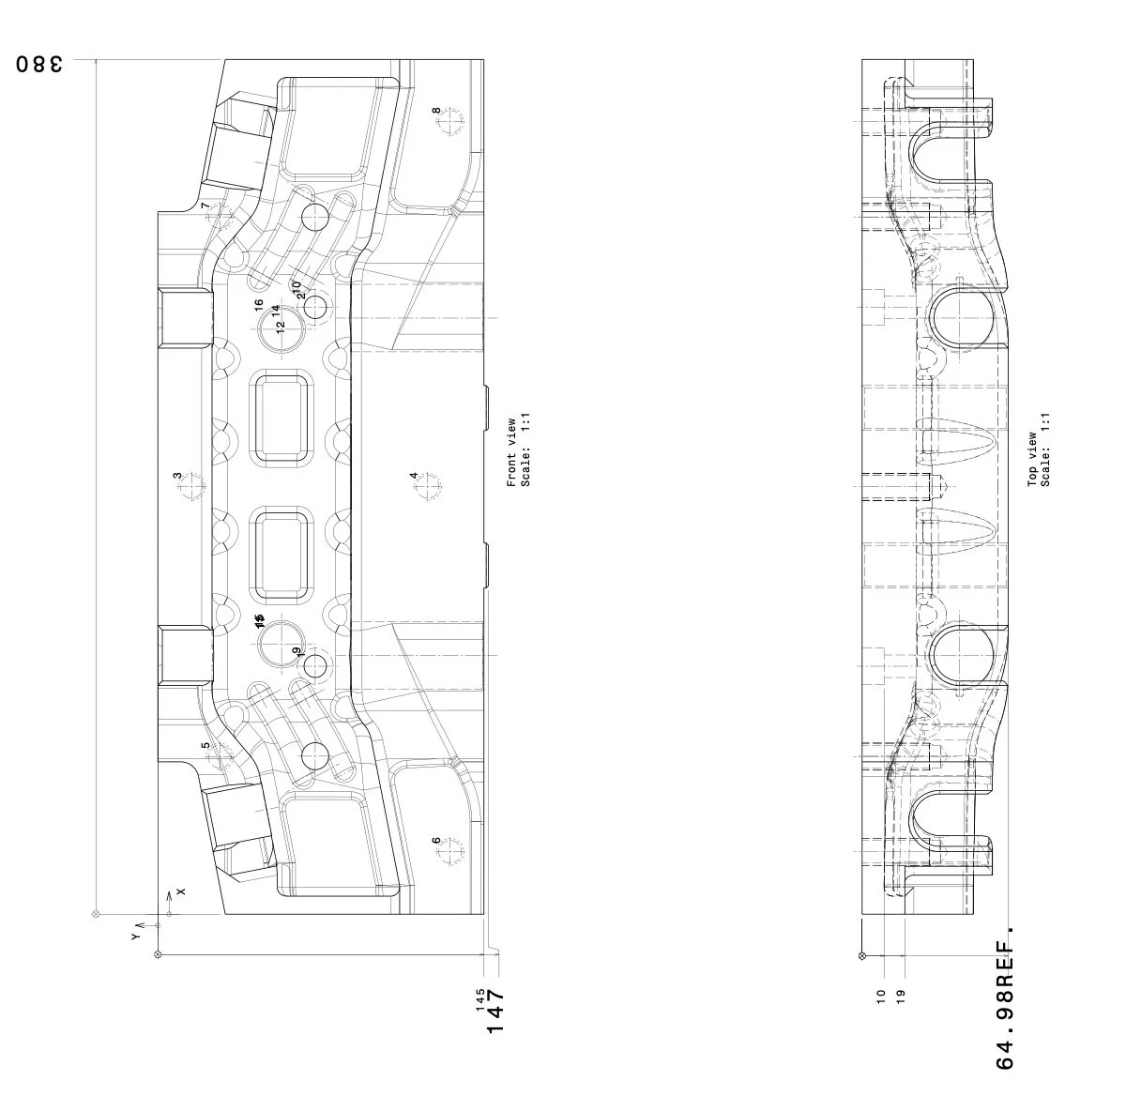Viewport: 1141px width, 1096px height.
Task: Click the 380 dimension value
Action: (x=39, y=65)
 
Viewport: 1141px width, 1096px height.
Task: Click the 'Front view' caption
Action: (x=511, y=452)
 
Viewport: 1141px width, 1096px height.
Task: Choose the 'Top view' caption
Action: (x=1032, y=459)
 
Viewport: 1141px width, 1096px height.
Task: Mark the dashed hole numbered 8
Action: (x=451, y=122)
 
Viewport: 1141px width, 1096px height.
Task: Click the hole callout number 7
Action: (x=205, y=205)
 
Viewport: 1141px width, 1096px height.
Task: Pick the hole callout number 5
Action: (x=205, y=746)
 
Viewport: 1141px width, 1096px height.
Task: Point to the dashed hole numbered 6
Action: (x=451, y=851)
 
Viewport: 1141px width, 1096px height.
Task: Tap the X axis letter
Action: (x=181, y=890)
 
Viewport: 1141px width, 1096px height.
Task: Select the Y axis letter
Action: (x=135, y=936)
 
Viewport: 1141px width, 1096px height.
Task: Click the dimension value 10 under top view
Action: (x=880, y=996)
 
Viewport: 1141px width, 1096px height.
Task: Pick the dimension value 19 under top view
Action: (x=901, y=996)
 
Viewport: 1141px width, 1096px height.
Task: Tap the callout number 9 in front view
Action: (x=297, y=651)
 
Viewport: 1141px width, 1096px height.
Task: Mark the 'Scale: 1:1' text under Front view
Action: (x=526, y=452)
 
